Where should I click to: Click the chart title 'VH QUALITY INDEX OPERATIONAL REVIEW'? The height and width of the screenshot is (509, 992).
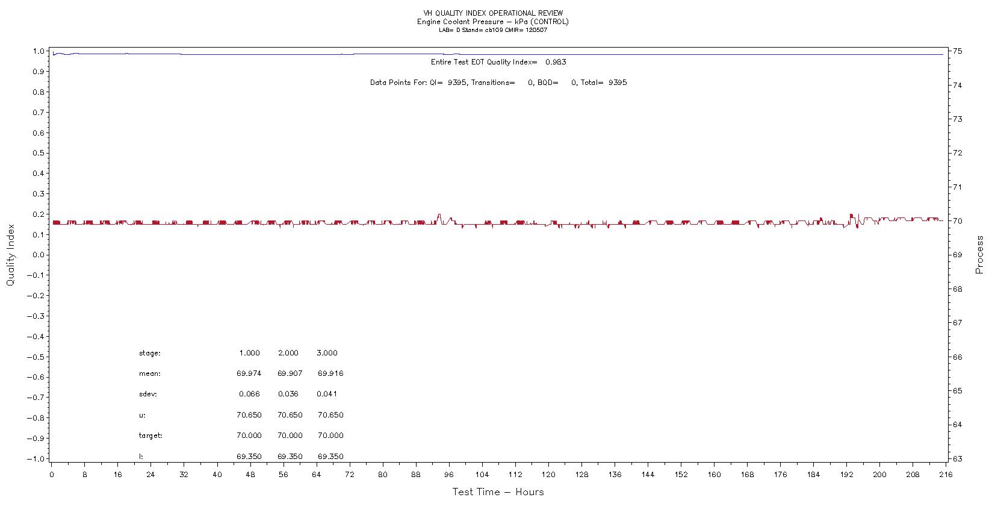click(x=493, y=13)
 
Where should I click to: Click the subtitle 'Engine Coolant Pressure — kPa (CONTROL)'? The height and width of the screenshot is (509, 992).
click(x=493, y=22)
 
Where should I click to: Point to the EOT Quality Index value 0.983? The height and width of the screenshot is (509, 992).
click(x=556, y=62)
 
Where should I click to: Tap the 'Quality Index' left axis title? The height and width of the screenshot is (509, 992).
click(x=10, y=255)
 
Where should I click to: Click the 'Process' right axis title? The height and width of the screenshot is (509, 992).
click(x=979, y=255)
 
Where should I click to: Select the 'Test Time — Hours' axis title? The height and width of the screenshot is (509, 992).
click(x=498, y=492)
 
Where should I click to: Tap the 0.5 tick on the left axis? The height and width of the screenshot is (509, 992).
click(x=40, y=153)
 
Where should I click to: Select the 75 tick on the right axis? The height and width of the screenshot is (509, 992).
click(x=957, y=51)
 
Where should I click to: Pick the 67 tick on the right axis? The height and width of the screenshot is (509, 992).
click(x=957, y=323)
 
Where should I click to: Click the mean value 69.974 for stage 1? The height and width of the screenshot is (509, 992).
click(x=249, y=373)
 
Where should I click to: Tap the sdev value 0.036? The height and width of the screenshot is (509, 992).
click(x=288, y=395)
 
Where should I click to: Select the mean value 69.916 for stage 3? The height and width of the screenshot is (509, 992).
click(x=330, y=373)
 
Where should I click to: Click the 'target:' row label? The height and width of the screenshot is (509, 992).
click(x=150, y=436)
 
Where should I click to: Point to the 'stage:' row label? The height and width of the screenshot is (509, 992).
click(x=149, y=353)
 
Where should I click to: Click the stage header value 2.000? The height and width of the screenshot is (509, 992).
click(x=288, y=353)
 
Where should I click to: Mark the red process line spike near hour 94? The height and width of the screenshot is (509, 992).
click(x=439, y=216)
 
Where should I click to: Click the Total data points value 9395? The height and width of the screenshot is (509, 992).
click(x=617, y=83)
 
